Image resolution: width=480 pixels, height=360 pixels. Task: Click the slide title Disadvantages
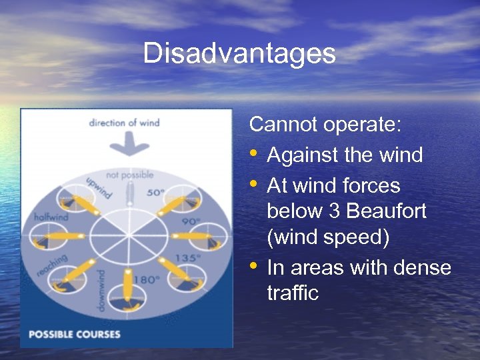(x=239, y=53)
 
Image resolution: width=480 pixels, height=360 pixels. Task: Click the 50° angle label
(x=155, y=192)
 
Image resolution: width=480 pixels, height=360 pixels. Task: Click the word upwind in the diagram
(x=99, y=188)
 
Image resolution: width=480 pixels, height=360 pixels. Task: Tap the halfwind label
(x=51, y=217)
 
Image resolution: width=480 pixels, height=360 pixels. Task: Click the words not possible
(x=129, y=175)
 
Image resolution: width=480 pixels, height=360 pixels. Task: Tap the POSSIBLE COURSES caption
(x=74, y=333)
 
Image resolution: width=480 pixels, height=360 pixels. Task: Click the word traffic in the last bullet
(x=293, y=293)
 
